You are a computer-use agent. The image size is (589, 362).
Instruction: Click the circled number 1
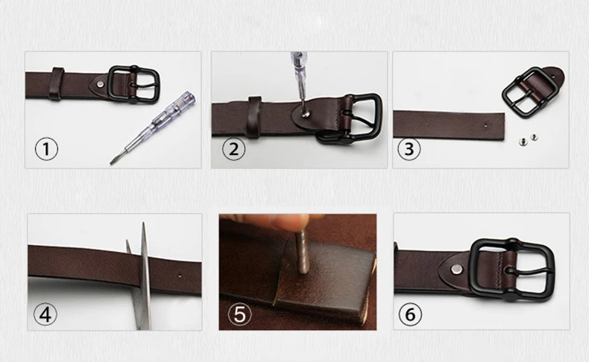(46, 149)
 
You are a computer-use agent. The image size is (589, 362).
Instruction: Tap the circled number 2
(233, 149)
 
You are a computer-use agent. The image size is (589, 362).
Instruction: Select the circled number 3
(409, 149)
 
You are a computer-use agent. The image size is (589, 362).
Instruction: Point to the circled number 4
(45, 314)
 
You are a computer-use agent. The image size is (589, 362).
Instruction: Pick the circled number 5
(239, 314)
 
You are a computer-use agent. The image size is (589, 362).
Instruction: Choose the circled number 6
(410, 314)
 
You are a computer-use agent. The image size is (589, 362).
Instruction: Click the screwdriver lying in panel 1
(153, 127)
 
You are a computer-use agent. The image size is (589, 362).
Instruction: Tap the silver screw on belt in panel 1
(100, 84)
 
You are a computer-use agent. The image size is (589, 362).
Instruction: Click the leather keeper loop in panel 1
(57, 84)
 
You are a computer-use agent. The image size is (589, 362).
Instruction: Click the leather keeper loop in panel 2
(254, 117)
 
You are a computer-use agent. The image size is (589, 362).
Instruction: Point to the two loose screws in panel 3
(528, 139)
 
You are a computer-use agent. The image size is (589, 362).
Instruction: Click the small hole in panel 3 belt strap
(485, 125)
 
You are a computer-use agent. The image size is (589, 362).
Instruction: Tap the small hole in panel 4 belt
(180, 276)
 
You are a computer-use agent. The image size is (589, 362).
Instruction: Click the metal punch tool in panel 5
(303, 250)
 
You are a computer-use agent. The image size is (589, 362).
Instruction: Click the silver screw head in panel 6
(457, 268)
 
